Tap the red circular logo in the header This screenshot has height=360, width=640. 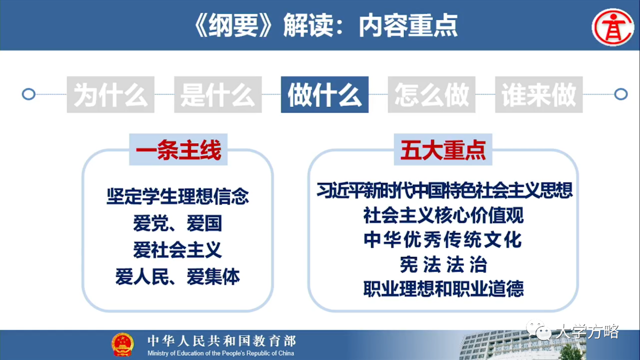coord(613,27)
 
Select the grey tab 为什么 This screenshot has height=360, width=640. coord(110,94)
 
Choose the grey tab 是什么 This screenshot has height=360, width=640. coord(218,94)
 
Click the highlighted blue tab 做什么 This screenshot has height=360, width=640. coord(325,94)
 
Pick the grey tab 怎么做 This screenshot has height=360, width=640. coord(431,94)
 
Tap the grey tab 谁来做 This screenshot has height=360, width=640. coord(539,94)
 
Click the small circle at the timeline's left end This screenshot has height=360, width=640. coord(28,94)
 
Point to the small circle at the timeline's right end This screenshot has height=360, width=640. coord(621,94)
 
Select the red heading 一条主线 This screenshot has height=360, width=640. coord(178,149)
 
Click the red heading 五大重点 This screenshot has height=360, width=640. coord(443,149)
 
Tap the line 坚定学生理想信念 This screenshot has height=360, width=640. coord(177,196)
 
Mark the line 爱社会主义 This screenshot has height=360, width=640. coord(177,249)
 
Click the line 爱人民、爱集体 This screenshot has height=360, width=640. coord(177,276)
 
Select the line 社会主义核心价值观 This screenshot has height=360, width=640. coord(443,215)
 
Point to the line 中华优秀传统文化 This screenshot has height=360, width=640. coord(443,239)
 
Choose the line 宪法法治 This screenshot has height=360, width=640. coord(443,265)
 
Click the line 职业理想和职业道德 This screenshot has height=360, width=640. coord(443,289)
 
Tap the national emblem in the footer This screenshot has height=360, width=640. coord(122,344)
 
